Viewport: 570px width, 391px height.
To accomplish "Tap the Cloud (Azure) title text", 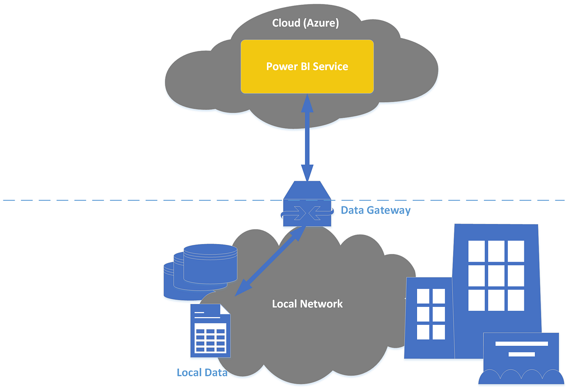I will (x=305, y=23).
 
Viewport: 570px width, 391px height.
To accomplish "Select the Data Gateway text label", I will (x=375, y=210).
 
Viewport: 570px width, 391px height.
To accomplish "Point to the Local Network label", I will (x=307, y=303).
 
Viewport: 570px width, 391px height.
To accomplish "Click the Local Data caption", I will (x=202, y=372).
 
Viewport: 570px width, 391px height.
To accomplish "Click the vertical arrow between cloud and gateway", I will (x=307, y=138).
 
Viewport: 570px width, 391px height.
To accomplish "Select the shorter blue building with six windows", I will (x=429, y=316).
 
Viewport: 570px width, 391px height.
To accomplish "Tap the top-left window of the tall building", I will (x=476, y=250).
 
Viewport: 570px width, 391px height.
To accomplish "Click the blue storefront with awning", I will (x=520, y=359).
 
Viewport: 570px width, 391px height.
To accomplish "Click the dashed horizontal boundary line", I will (x=142, y=200).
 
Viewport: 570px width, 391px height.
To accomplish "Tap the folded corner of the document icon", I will (x=224, y=310).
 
